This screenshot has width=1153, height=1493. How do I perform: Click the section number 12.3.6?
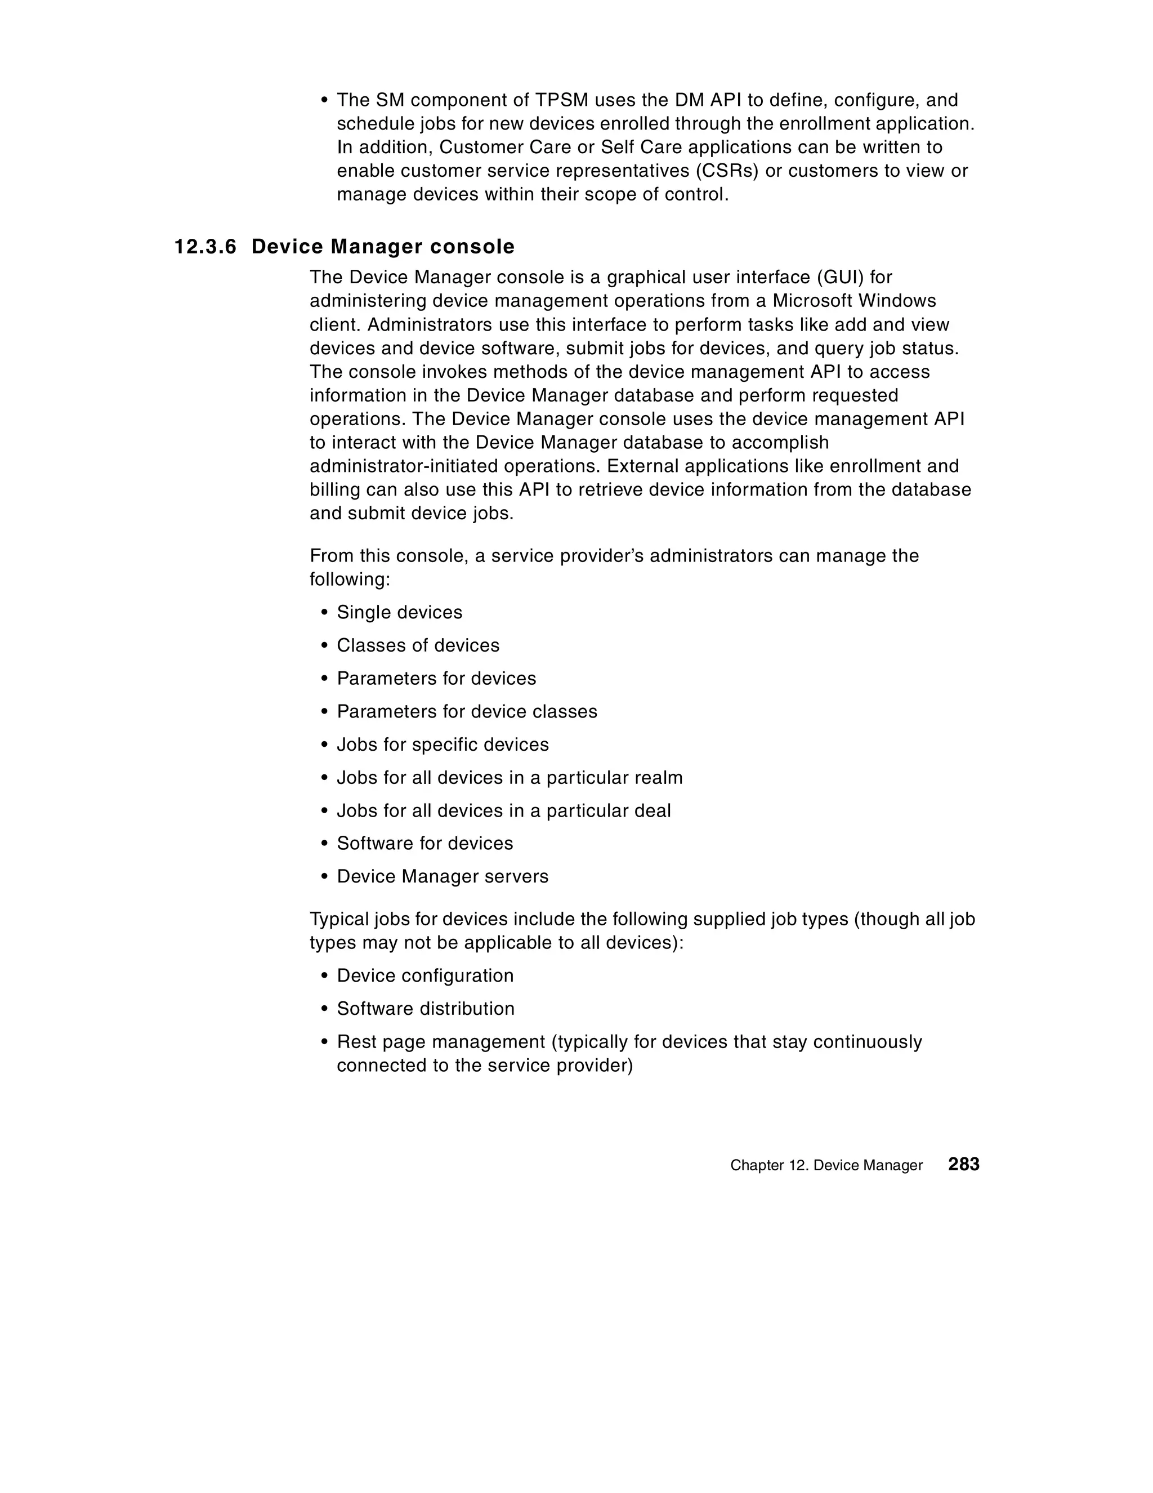point(205,247)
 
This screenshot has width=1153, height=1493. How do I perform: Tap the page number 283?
point(964,1164)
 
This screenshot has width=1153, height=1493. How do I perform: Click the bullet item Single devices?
point(399,613)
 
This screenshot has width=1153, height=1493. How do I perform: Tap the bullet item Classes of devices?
point(418,645)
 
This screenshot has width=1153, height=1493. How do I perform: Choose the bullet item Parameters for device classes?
point(467,712)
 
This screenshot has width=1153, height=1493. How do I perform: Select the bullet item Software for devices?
point(424,844)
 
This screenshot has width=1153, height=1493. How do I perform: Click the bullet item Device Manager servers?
point(442,876)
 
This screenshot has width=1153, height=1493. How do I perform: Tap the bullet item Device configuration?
point(424,975)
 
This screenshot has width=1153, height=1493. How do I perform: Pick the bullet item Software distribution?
point(425,1009)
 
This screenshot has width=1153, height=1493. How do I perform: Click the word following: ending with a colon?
point(349,580)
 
